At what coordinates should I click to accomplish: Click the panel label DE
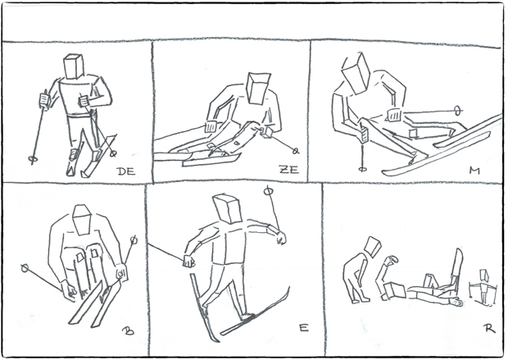pyautogui.click(x=126, y=171)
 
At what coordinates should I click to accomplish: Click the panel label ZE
pyautogui.click(x=289, y=169)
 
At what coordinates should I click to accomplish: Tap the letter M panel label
pyautogui.click(x=474, y=171)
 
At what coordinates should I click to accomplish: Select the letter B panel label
pyautogui.click(x=128, y=330)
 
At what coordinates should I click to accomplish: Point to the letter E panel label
pyautogui.click(x=303, y=328)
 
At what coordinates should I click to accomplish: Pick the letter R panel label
pyautogui.click(x=490, y=329)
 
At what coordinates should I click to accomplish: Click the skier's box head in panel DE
pyautogui.click(x=74, y=66)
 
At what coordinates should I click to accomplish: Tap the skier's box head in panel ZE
pyautogui.click(x=258, y=88)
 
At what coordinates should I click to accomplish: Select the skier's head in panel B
pyautogui.click(x=82, y=219)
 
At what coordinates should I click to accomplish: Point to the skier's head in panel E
pyautogui.click(x=228, y=209)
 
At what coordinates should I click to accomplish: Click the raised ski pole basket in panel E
pyautogui.click(x=269, y=191)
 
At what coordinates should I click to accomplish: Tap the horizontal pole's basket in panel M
pyautogui.click(x=457, y=111)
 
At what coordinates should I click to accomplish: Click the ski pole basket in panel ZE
pyautogui.click(x=296, y=151)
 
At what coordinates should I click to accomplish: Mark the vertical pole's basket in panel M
pyautogui.click(x=363, y=169)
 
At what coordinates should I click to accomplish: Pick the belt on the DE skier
pyautogui.click(x=81, y=116)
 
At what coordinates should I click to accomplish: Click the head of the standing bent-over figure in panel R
pyautogui.click(x=373, y=246)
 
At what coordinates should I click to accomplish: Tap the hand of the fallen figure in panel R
pyautogui.click(x=457, y=303)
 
